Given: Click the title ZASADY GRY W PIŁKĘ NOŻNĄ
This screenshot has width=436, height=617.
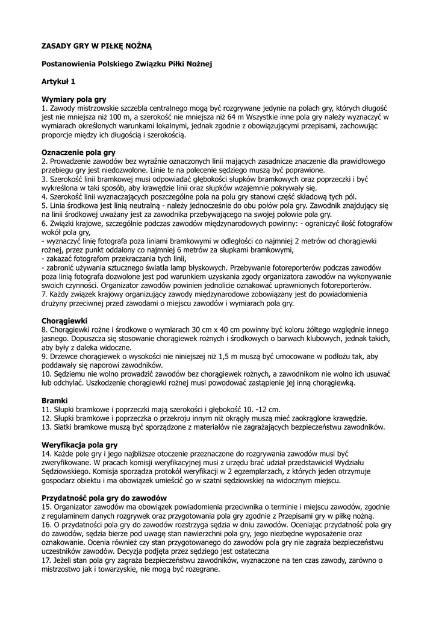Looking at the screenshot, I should click(96, 45).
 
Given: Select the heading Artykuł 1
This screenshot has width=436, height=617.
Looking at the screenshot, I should click(58, 80).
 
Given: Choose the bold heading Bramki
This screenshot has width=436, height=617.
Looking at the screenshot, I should click(54, 400).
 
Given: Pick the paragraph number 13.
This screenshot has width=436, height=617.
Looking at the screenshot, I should click(46, 427).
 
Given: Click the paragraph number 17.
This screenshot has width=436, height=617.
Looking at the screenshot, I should click(46, 560).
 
